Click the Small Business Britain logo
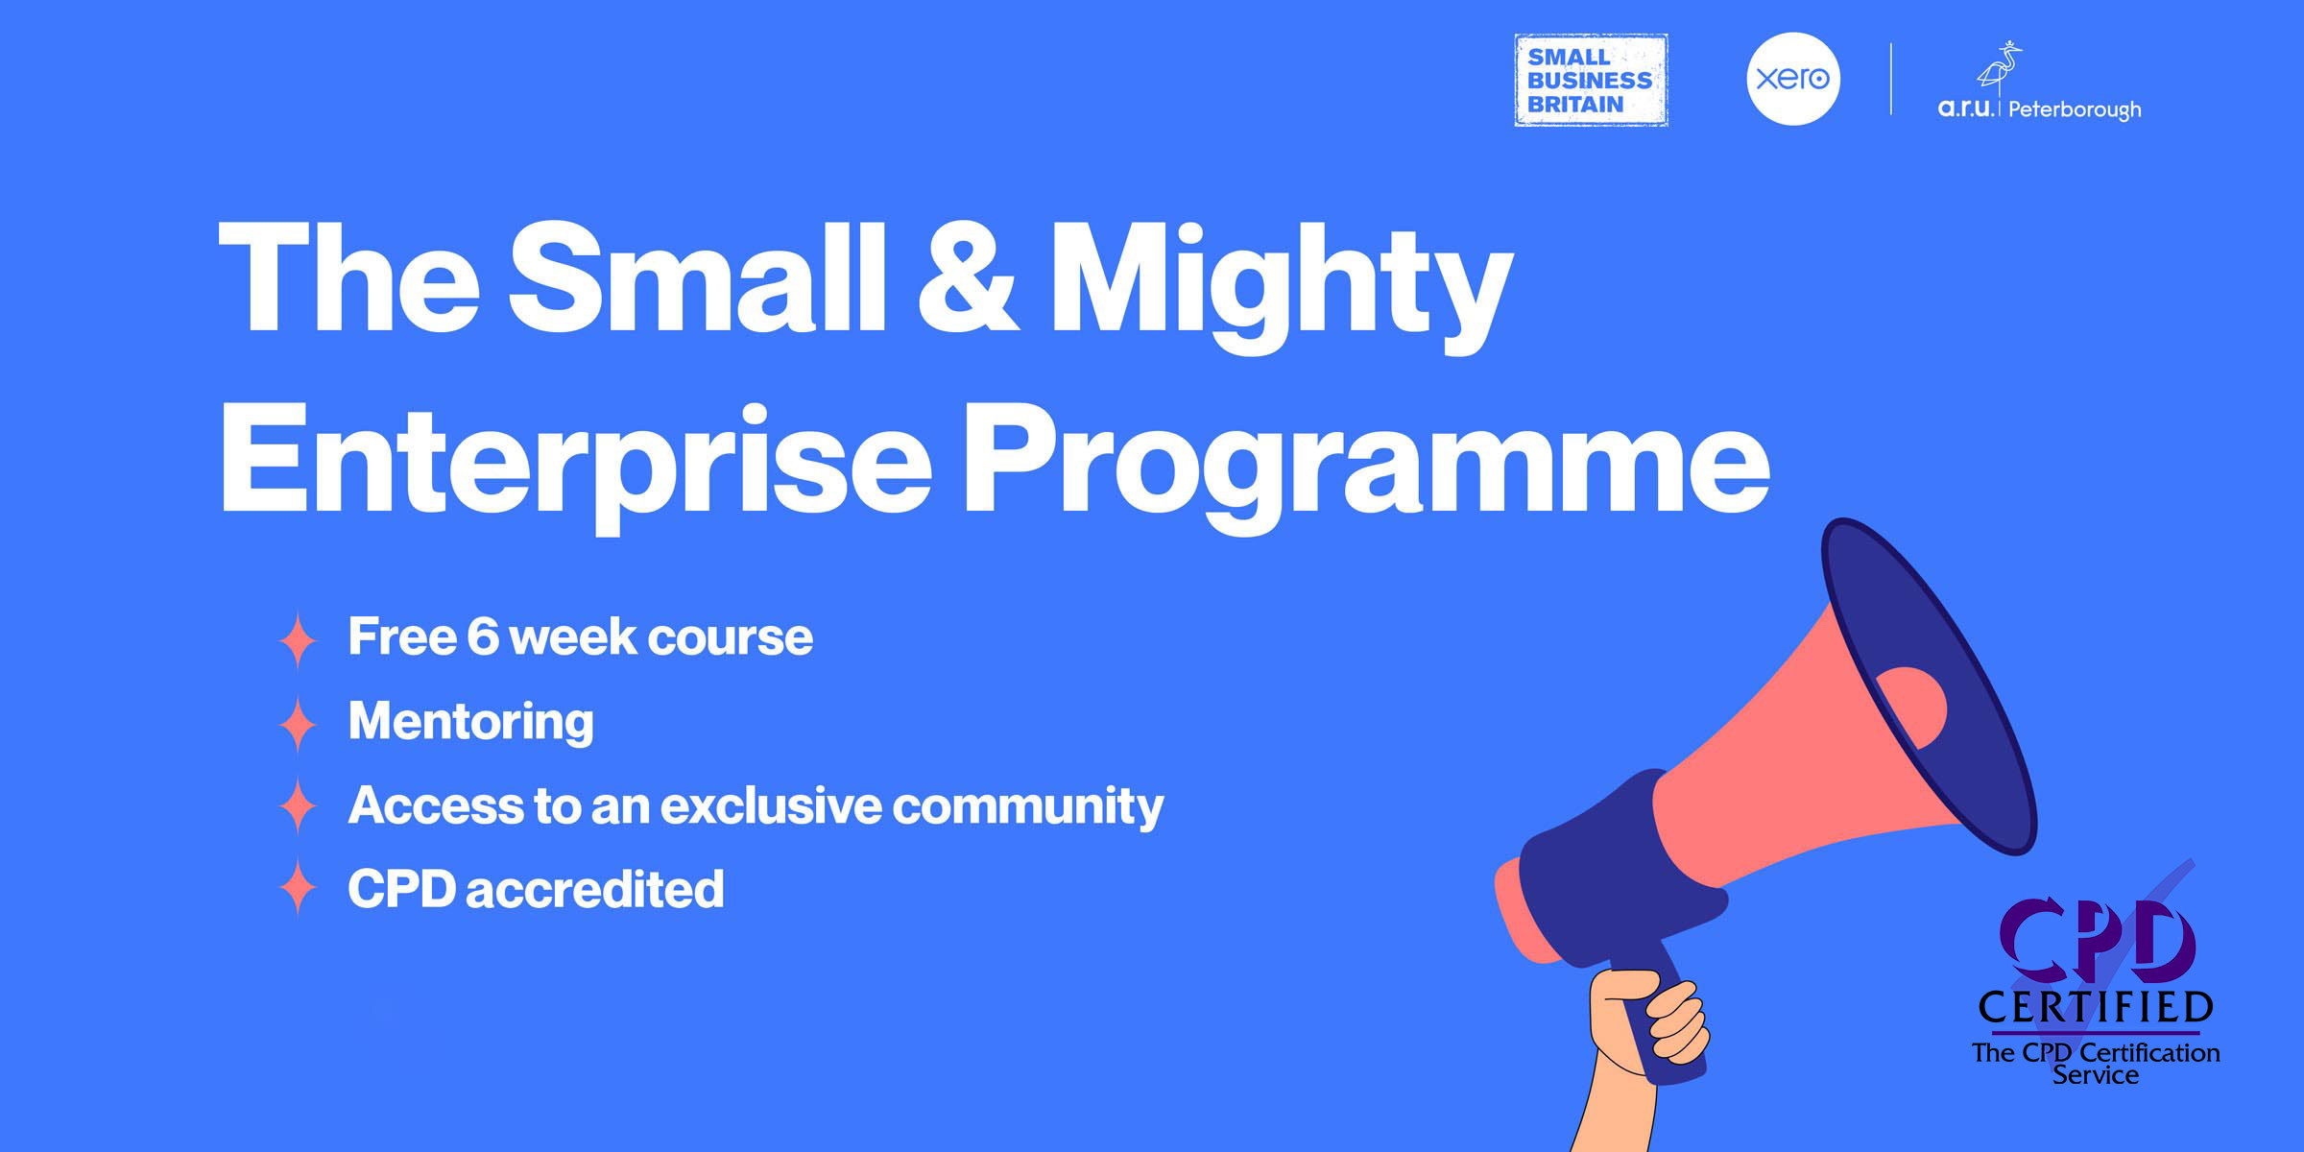[1591, 81]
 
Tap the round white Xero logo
[1793, 79]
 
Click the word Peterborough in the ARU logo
[2074, 109]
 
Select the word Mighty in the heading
[1281, 283]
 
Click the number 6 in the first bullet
[483, 637]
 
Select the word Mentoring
[470, 722]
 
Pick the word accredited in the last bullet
[594, 889]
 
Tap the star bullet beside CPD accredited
[299, 888]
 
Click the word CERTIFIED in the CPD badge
[2096, 1008]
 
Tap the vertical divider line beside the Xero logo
[1891, 79]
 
